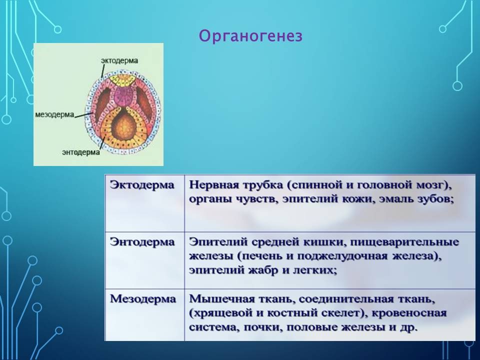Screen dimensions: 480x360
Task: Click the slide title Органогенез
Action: point(250,36)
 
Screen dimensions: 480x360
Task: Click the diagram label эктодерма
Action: point(119,60)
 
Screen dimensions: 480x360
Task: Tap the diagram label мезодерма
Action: point(55,114)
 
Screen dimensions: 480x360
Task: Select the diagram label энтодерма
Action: point(81,152)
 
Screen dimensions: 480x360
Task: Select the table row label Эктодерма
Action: point(142,185)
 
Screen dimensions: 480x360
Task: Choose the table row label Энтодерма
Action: point(142,242)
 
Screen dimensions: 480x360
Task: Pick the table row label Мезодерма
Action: point(143,299)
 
